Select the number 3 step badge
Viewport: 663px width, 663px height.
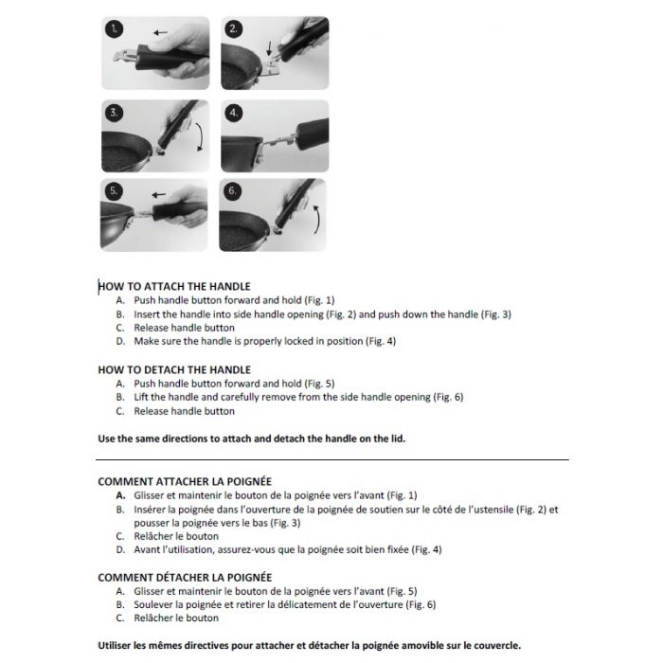[x=114, y=113]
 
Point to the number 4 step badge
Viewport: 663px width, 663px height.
[x=234, y=113]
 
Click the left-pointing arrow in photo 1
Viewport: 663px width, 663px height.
[x=163, y=32]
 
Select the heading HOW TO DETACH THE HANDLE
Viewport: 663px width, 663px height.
[x=174, y=369]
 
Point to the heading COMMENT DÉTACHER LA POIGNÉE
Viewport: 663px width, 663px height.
[x=185, y=577]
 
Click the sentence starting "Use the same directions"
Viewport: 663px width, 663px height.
[x=258, y=439]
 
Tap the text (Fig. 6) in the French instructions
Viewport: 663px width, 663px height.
[x=420, y=604]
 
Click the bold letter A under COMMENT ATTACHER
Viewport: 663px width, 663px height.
[x=120, y=495]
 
